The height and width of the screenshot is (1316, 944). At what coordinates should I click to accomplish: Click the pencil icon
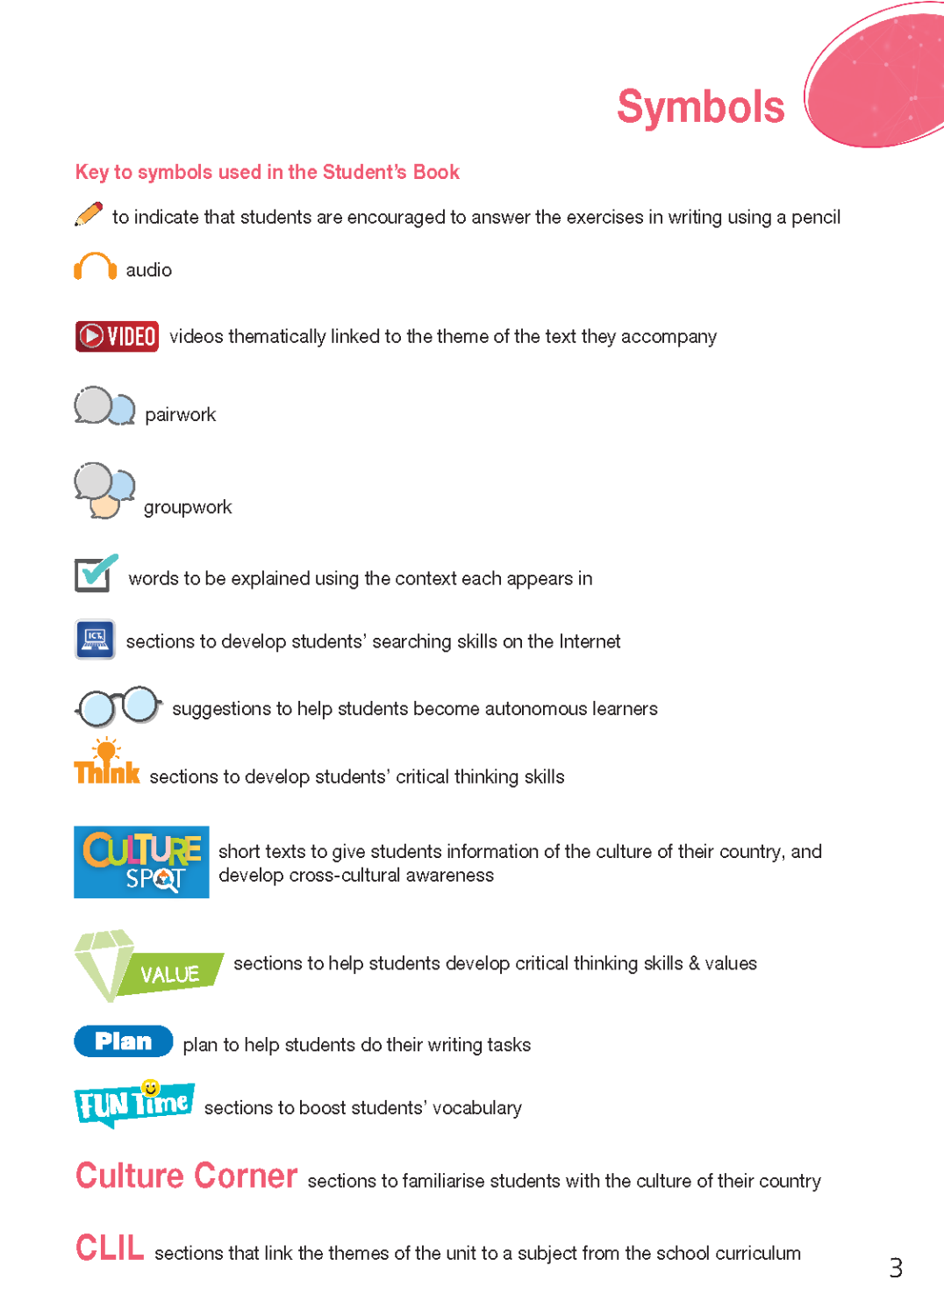tap(89, 214)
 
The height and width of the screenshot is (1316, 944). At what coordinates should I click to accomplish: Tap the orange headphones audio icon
tap(95, 267)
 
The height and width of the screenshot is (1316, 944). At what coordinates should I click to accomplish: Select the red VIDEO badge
tap(117, 336)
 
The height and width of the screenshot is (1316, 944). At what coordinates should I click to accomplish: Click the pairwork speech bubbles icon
tap(104, 407)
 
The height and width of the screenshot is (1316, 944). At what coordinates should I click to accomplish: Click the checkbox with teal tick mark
tap(95, 574)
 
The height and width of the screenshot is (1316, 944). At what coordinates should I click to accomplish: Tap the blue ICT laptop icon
tap(95, 639)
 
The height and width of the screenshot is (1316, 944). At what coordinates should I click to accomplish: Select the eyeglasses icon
tap(118, 706)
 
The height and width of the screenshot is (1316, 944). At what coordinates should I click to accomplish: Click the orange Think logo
tap(106, 763)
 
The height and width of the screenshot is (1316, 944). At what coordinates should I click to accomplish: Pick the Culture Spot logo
tap(141, 862)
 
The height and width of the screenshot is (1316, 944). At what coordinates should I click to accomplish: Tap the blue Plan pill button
tap(123, 1041)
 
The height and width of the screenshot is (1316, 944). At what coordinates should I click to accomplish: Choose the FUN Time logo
tap(134, 1104)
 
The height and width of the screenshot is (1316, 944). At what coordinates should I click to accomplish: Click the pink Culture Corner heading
tap(186, 1176)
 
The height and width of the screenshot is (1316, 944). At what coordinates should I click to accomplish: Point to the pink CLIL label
tap(110, 1248)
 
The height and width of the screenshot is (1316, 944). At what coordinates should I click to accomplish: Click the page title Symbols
tap(700, 107)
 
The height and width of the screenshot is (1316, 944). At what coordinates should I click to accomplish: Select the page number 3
tap(895, 1268)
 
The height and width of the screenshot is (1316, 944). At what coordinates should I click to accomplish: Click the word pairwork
tap(180, 415)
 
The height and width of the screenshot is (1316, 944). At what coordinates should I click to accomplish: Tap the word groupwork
tap(188, 507)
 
